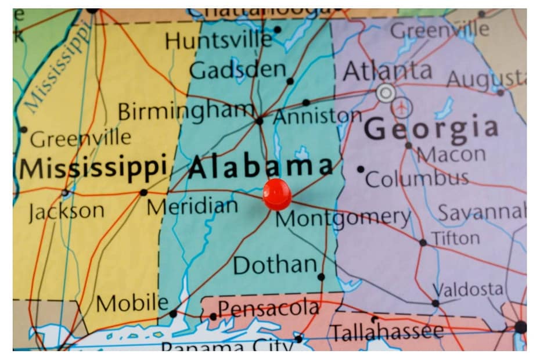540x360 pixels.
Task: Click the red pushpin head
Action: point(276,193)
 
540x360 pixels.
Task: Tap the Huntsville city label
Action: point(218,40)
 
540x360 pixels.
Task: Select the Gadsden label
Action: point(237,71)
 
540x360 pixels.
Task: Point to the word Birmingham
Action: point(186,110)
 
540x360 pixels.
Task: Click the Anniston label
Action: point(318,116)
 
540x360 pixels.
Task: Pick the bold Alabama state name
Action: point(261,167)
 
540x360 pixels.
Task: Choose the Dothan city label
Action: point(275,265)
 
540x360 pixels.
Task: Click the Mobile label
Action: point(132,303)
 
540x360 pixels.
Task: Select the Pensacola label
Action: point(268,308)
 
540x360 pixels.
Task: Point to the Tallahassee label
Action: point(387,332)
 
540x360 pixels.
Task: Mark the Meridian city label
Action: point(192,206)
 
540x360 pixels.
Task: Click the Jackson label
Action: point(66,211)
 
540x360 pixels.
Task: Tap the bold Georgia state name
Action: point(431,127)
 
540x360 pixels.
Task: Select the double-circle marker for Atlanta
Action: point(385,92)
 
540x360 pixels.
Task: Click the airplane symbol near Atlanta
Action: point(402,107)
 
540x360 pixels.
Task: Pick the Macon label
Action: point(451,154)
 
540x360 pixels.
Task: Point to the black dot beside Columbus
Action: point(361,169)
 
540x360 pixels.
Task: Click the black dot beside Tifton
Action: point(423,242)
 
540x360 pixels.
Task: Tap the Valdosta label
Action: point(469,289)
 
